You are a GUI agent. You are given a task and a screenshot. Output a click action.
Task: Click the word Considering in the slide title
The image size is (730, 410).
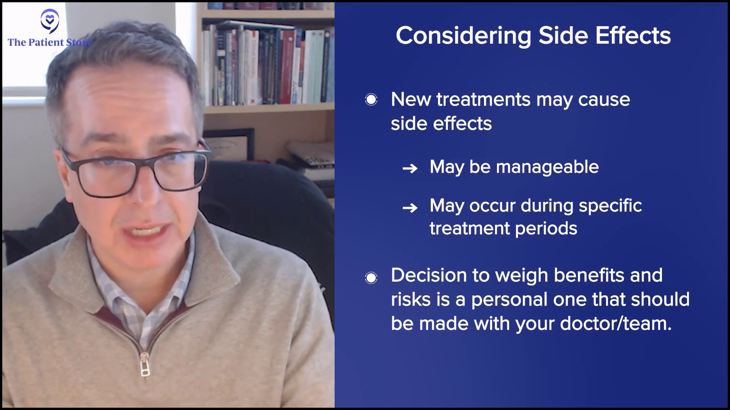(x=463, y=36)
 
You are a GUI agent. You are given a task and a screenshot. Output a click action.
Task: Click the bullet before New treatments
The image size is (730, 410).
(x=371, y=100)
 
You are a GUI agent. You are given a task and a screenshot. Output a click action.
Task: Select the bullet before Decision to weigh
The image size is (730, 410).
(x=371, y=278)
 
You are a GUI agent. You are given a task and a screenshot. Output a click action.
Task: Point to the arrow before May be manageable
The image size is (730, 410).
(x=410, y=168)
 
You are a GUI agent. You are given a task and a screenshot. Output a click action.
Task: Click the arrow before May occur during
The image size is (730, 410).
(x=410, y=208)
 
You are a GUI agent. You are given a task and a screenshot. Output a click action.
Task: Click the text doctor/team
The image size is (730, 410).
(x=616, y=323)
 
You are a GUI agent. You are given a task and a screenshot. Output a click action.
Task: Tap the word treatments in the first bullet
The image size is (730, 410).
(x=483, y=100)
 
